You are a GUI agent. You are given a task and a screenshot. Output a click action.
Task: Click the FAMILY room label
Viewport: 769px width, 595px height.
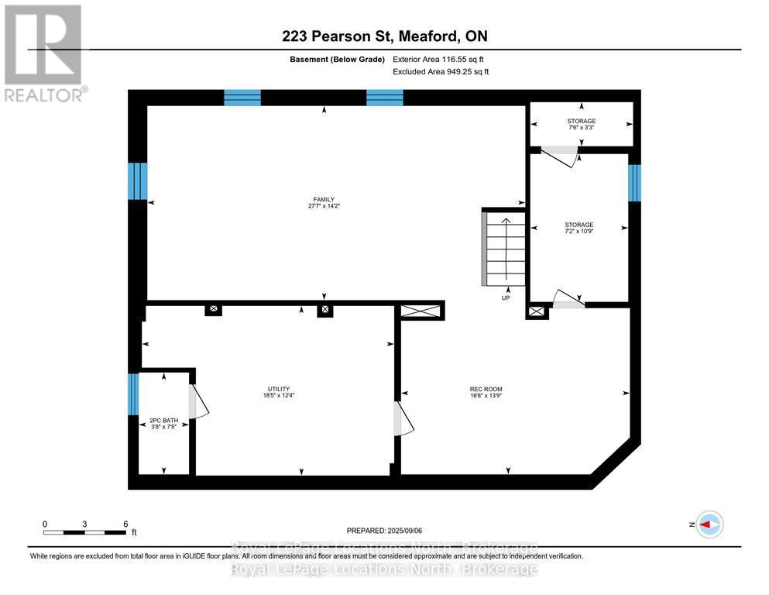point(324,199)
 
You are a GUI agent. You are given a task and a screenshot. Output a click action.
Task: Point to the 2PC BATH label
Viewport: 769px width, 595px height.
point(164,421)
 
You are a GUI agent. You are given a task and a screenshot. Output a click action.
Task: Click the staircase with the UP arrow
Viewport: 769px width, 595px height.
point(505,248)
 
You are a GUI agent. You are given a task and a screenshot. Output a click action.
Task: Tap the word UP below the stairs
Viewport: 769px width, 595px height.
point(505,297)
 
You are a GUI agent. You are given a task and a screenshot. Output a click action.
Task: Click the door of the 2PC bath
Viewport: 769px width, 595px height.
point(197,401)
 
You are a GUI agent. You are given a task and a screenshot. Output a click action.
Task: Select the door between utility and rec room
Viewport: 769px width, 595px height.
point(404,419)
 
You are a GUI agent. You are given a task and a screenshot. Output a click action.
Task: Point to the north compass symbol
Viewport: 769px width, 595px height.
point(709,524)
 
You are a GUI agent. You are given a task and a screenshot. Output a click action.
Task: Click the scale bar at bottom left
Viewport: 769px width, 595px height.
point(85,531)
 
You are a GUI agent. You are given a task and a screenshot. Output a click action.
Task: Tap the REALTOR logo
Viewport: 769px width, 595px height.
point(44,53)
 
